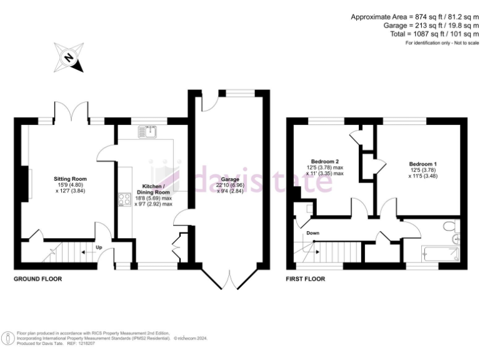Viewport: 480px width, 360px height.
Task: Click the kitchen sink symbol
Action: (x=151, y=131)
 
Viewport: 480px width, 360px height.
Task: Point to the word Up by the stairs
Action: (x=99, y=246)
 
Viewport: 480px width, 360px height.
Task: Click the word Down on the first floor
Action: (x=313, y=234)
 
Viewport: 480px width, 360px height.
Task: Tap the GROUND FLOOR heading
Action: (x=37, y=279)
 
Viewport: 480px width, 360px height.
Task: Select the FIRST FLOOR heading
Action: (x=306, y=279)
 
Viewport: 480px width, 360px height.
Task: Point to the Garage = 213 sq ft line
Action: (x=431, y=26)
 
